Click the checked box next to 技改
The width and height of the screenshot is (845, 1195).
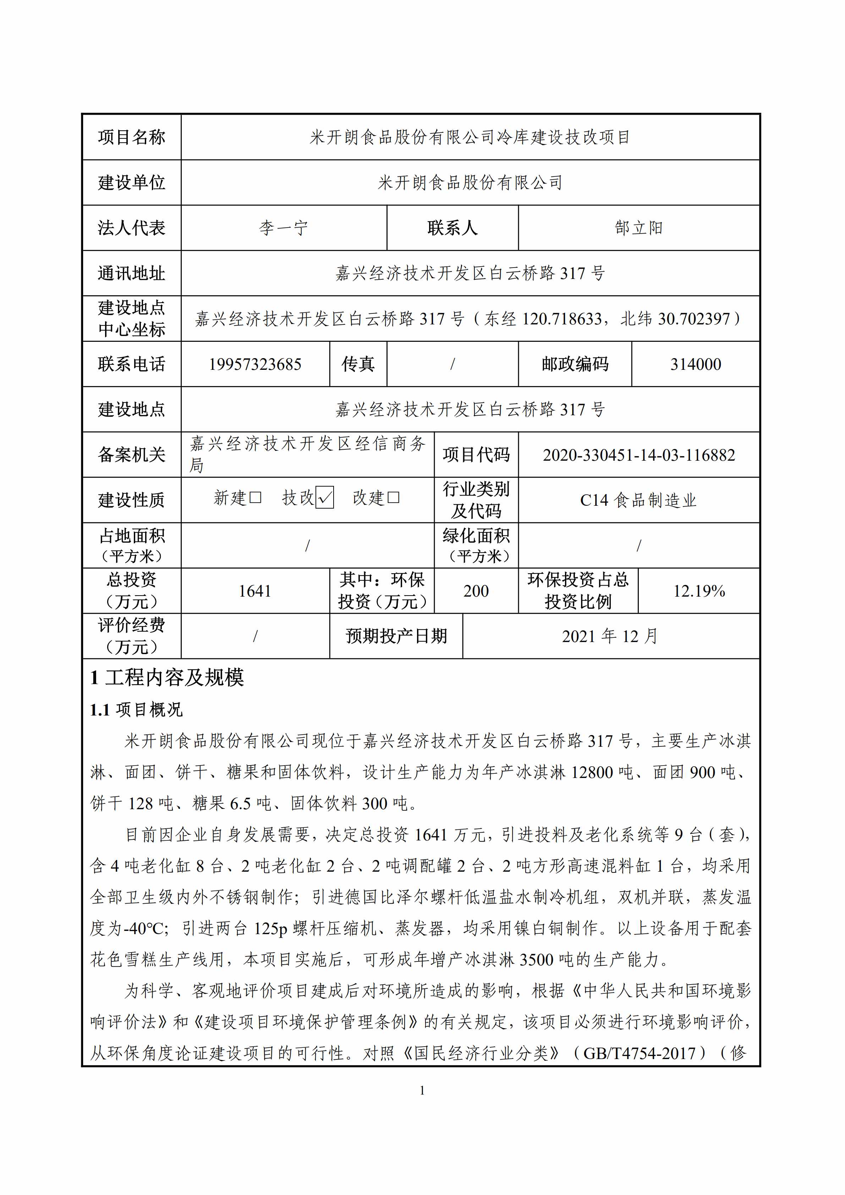[325, 498]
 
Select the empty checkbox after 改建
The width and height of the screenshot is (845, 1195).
[393, 498]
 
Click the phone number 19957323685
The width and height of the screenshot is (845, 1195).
[255, 364]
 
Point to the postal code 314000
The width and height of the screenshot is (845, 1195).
[695, 364]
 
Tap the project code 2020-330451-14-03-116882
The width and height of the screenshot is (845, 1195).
[638, 455]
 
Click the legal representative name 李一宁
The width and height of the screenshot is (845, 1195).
[284, 228]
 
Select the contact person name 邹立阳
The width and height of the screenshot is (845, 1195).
[638, 228]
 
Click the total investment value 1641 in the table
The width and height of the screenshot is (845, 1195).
[255, 591]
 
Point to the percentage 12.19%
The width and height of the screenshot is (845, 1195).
[699, 591]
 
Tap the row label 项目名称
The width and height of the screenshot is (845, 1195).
[132, 137]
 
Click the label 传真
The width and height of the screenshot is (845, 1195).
[358, 364]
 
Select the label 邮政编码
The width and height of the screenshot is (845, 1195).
[575, 364]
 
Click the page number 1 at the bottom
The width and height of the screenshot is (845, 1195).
[422, 1090]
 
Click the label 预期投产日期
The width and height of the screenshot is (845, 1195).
[396, 636]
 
